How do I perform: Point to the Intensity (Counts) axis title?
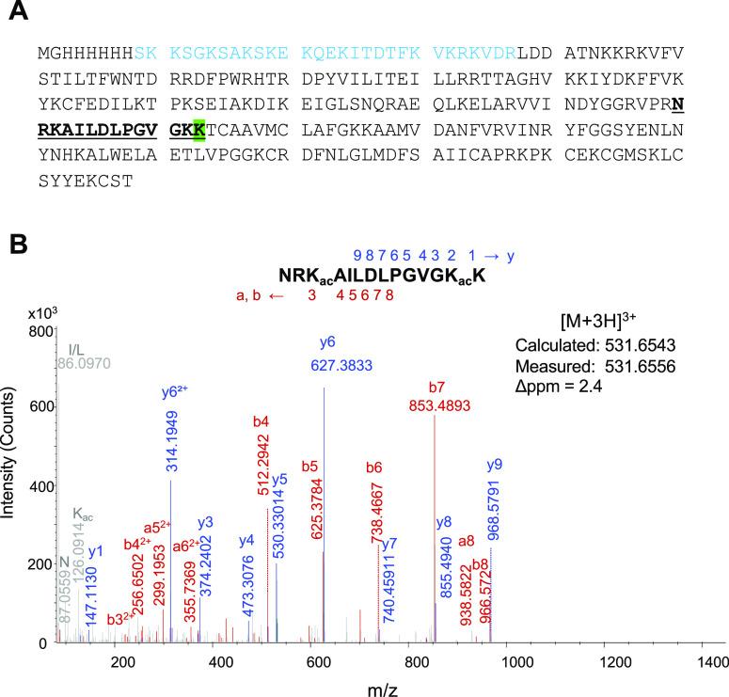(11, 486)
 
